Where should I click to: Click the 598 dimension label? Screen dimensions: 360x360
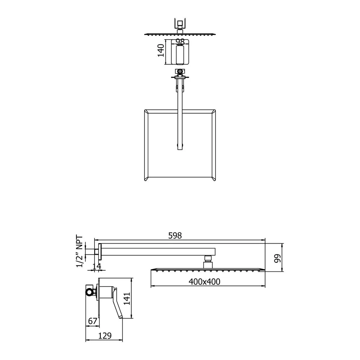point(175,235)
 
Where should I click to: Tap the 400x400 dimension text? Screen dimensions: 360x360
point(204,281)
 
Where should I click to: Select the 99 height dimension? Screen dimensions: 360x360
point(277,258)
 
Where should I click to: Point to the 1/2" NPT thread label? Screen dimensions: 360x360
point(79,251)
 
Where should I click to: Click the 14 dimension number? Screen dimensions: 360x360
point(97,266)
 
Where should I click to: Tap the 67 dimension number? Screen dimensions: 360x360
point(93,321)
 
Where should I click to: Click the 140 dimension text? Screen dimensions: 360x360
point(161,50)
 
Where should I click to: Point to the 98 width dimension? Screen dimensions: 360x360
point(180,42)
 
